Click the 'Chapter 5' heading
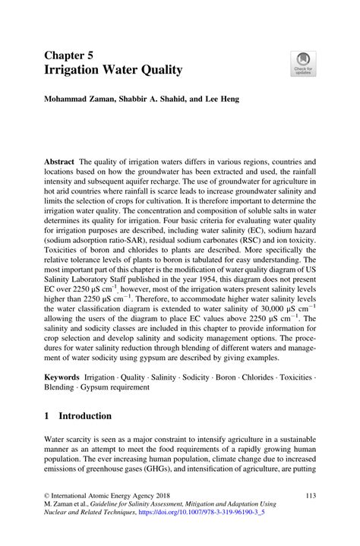click(71, 55)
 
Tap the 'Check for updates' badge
click(304, 63)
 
